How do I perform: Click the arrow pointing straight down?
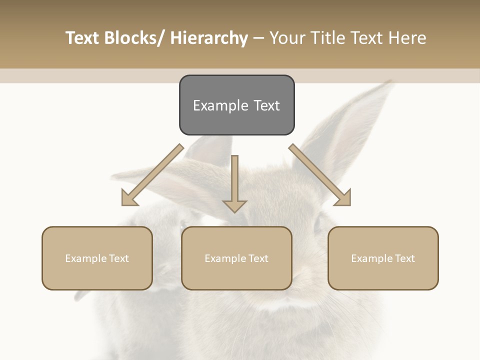pos(234,183)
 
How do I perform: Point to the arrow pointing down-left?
pos(153,174)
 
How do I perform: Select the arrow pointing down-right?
pos(320,175)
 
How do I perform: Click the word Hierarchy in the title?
pos(209,38)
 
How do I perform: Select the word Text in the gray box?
pos(266,105)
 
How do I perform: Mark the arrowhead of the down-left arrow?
pos(129,198)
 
